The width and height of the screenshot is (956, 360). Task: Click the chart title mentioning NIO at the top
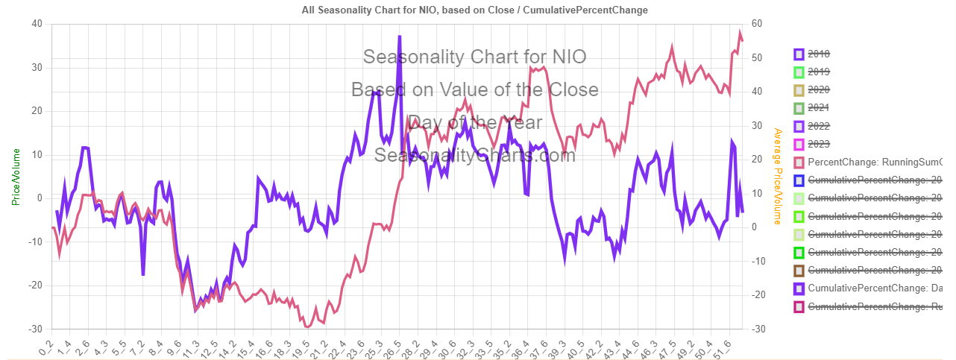[475, 10]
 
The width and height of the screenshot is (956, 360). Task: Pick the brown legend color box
[799, 270]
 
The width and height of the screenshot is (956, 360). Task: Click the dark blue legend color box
[799, 180]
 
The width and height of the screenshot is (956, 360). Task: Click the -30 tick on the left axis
[35, 329]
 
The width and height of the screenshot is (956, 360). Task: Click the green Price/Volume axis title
[16, 177]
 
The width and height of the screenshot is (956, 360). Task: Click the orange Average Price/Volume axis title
[778, 177]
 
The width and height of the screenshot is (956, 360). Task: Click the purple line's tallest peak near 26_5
[400, 37]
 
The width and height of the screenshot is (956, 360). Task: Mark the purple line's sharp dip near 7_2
[143, 274]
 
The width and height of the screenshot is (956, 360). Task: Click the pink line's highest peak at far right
[740, 33]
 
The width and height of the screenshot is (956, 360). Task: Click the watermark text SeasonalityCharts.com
[475, 155]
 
